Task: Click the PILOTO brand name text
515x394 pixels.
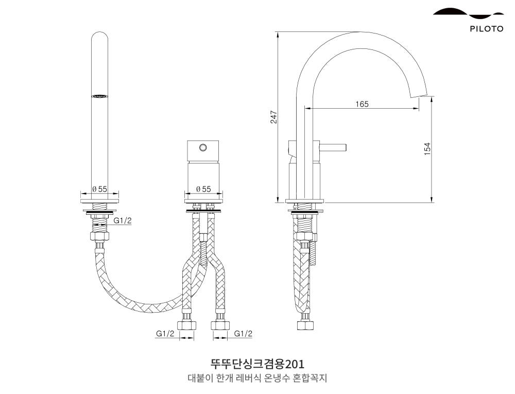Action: point(486,29)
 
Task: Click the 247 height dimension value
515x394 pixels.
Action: point(274,117)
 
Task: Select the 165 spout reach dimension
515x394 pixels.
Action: point(362,104)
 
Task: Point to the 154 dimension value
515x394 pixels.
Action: point(427,149)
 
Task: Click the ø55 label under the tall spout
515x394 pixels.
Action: point(99,189)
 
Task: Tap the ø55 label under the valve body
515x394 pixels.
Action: point(204,189)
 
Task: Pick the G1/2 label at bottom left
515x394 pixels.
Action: point(165,334)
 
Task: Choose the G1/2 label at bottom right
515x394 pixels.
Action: point(243,334)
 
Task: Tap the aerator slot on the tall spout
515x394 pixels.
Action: point(99,96)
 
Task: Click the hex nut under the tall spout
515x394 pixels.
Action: point(99,237)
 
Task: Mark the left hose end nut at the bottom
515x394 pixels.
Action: point(186,325)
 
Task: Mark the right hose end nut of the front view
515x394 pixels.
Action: point(220,325)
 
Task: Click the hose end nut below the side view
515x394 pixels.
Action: point(305,325)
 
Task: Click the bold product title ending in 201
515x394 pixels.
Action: point(257,364)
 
